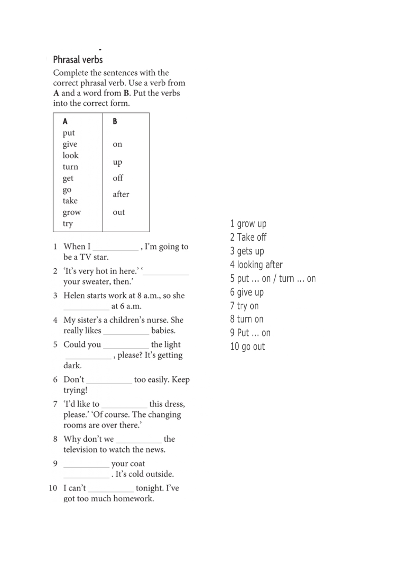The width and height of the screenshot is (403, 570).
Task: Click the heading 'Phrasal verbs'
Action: point(78,60)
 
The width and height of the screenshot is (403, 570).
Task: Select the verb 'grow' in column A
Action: point(71,212)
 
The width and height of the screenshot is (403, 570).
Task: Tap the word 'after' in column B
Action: point(121,194)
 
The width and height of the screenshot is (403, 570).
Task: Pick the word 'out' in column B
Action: point(119,212)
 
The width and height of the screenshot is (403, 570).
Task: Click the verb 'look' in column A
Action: point(70,155)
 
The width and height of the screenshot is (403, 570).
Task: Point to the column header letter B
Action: point(115,121)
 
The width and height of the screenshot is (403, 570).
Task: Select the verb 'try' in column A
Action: point(68,224)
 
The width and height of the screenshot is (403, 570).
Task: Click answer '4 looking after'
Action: point(256,265)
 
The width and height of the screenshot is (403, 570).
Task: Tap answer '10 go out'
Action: point(247,347)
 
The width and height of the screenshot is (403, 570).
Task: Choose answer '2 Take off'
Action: point(248,237)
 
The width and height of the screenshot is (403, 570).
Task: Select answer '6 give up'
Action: point(247,292)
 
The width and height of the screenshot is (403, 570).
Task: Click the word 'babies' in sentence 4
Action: point(163,331)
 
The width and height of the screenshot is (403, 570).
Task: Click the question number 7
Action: point(55,404)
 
